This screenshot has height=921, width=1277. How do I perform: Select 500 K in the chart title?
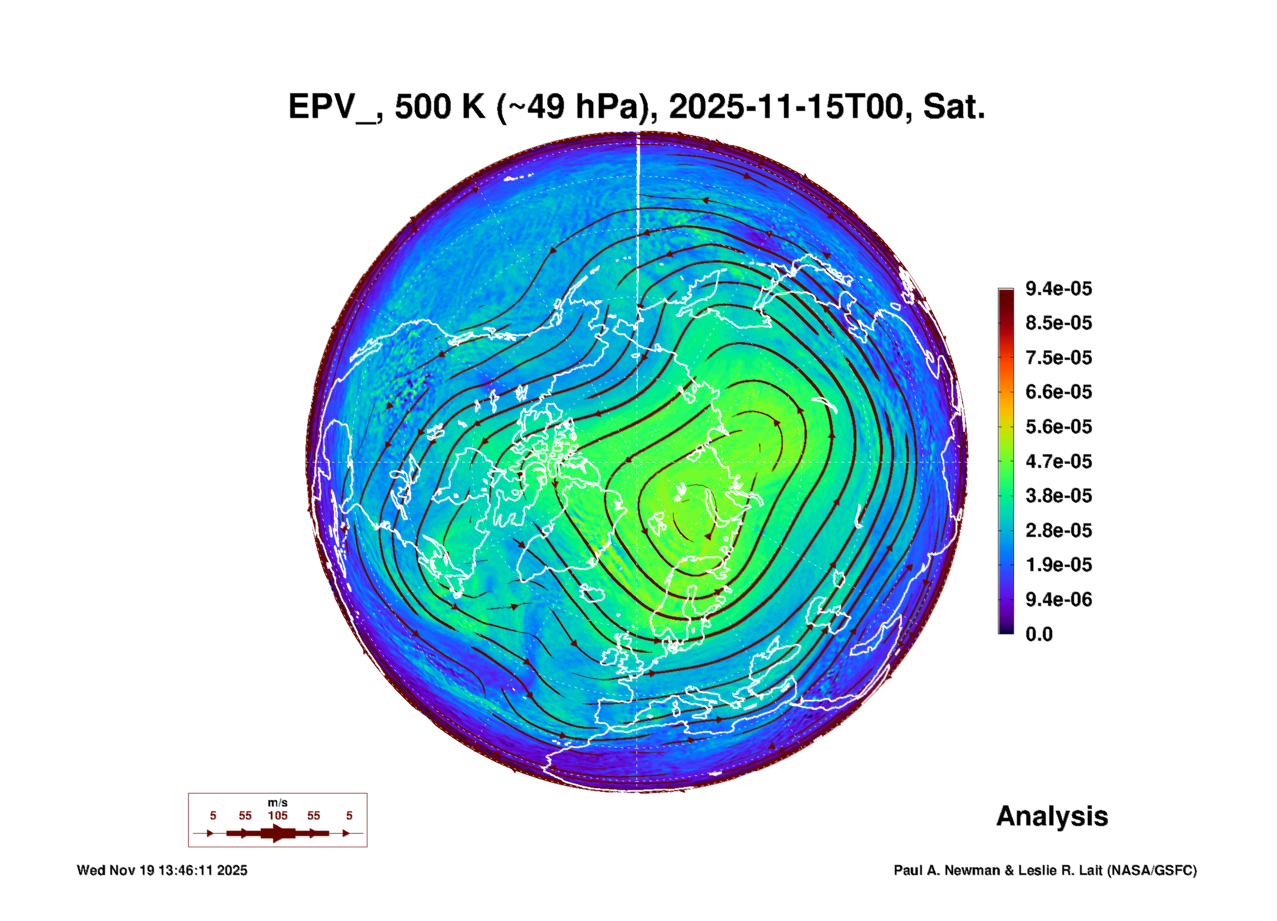click(x=440, y=107)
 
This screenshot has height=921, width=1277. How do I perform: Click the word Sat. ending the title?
click(x=954, y=107)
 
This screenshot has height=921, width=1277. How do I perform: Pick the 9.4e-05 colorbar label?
click(x=1059, y=289)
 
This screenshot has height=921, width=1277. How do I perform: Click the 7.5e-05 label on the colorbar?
click(x=1059, y=358)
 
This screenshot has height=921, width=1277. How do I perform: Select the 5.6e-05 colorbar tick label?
click(x=1059, y=427)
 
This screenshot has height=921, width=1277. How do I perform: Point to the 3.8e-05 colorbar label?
click(x=1059, y=496)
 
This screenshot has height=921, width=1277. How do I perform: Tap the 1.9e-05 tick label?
click(x=1059, y=565)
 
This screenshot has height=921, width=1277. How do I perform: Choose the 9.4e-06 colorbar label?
click(x=1059, y=599)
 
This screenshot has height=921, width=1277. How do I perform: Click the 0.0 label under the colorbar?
click(x=1039, y=634)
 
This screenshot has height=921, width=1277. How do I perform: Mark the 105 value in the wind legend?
click(x=278, y=815)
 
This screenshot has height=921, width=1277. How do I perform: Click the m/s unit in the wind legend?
click(x=278, y=803)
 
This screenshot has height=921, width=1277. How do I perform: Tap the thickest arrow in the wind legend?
click(x=278, y=833)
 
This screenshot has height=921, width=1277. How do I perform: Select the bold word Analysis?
click(x=1052, y=816)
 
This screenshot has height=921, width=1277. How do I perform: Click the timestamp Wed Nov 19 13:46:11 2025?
click(x=162, y=870)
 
